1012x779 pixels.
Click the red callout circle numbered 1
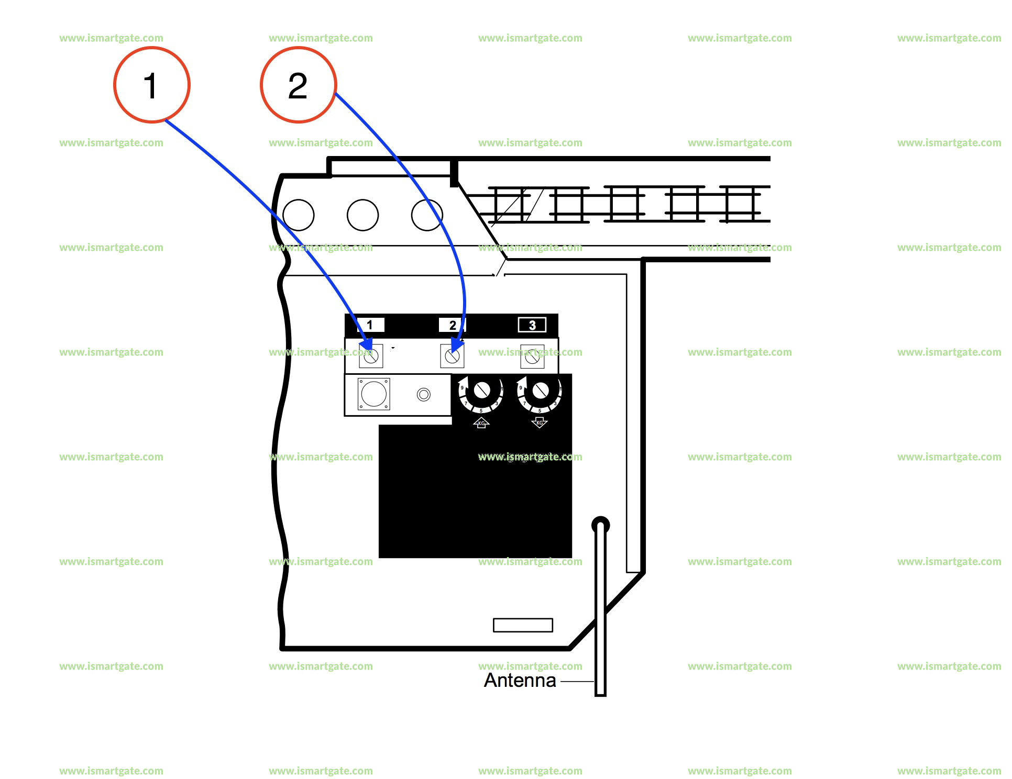tap(151, 85)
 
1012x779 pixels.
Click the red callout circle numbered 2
tap(298, 85)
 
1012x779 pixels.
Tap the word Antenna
tap(520, 680)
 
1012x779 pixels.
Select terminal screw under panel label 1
tap(371, 357)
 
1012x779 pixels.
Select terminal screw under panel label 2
tap(452, 357)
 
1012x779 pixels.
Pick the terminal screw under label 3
tap(532, 357)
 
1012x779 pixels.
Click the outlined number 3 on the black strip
tap(532, 325)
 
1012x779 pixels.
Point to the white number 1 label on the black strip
tap(370, 325)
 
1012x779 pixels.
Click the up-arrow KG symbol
tap(481, 422)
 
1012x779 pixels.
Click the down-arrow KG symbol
tap(540, 422)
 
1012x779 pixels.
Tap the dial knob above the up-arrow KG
tap(481, 390)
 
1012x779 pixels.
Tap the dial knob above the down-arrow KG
tap(540, 390)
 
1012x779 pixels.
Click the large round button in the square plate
tap(373, 394)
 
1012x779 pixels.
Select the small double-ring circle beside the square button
tap(424, 394)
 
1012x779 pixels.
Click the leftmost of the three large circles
tap(299, 215)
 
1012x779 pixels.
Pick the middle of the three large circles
tap(362, 215)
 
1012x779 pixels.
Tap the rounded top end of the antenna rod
tap(600, 525)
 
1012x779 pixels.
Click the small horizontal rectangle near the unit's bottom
tap(523, 625)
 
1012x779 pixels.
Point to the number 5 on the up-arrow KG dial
tap(481, 411)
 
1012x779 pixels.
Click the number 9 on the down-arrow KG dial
tap(521, 388)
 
